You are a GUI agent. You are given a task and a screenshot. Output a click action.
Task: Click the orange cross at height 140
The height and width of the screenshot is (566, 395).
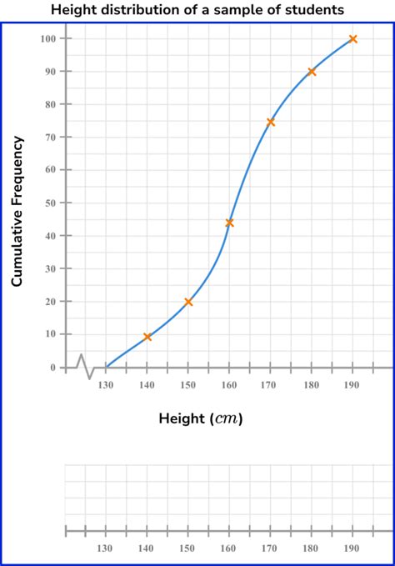(x=147, y=337)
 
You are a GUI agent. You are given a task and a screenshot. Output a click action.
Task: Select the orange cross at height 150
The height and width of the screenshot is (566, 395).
(x=188, y=302)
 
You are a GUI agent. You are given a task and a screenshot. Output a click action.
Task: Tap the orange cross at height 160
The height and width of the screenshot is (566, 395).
(x=229, y=223)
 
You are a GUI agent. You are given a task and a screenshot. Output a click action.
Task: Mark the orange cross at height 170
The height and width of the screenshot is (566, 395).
(x=271, y=122)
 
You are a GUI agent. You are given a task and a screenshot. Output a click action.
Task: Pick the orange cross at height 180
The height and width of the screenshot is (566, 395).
(x=312, y=72)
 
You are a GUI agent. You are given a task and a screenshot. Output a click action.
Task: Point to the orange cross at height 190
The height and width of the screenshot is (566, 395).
(x=353, y=39)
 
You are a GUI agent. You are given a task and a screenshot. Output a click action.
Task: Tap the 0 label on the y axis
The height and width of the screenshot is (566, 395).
(x=53, y=367)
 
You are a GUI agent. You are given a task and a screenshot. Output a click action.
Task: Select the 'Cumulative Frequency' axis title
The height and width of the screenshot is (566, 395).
(x=17, y=212)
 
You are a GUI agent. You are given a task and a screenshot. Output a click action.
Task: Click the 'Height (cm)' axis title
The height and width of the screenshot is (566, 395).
(x=201, y=418)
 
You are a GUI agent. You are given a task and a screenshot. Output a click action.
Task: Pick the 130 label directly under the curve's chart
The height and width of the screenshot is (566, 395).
(x=106, y=385)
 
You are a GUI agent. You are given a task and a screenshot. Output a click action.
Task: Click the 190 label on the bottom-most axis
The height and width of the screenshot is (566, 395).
(x=352, y=548)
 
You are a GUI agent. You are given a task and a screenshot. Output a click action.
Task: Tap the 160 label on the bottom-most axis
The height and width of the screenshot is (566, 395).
(x=229, y=548)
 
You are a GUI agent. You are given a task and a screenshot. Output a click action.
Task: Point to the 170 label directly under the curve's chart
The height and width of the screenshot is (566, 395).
(x=271, y=385)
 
